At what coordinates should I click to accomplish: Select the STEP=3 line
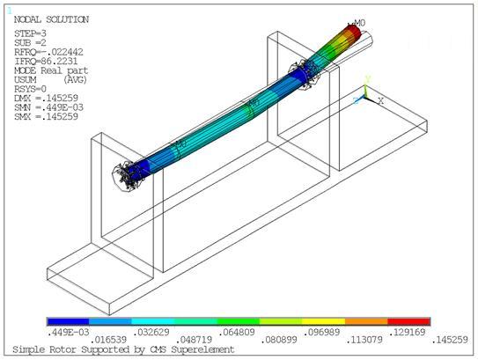click(x=33, y=33)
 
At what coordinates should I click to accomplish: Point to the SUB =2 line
click(x=33, y=41)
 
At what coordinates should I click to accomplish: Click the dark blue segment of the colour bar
click(x=67, y=322)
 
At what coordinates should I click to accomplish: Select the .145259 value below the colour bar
click(x=451, y=341)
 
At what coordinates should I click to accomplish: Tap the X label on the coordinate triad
click(x=379, y=99)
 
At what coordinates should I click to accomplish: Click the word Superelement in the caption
click(x=207, y=350)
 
